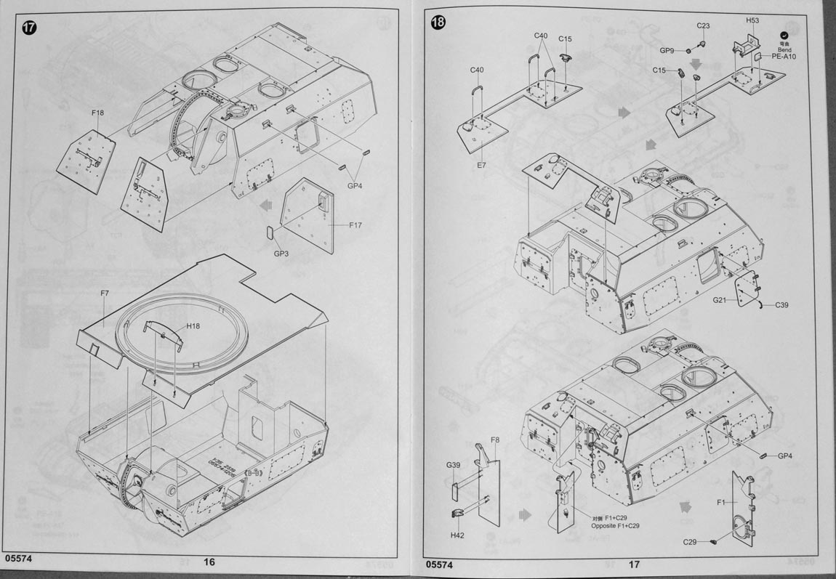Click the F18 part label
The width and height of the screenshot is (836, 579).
(98, 113)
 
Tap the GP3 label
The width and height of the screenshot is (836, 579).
(281, 254)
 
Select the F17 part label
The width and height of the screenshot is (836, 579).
(354, 225)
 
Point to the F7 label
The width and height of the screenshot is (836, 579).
(105, 293)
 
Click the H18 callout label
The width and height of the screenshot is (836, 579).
(193, 326)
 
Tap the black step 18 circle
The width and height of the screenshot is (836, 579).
(438, 23)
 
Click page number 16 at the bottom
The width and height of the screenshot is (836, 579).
(209, 562)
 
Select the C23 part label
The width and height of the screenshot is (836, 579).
(703, 25)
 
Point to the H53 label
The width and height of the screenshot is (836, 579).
(752, 20)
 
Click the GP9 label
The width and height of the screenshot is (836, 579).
(667, 50)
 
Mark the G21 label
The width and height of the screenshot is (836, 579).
(720, 300)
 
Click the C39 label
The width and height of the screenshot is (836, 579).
(781, 305)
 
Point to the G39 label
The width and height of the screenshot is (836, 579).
(454, 465)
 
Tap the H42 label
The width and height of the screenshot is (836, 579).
(457, 535)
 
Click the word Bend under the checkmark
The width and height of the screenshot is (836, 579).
(784, 49)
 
